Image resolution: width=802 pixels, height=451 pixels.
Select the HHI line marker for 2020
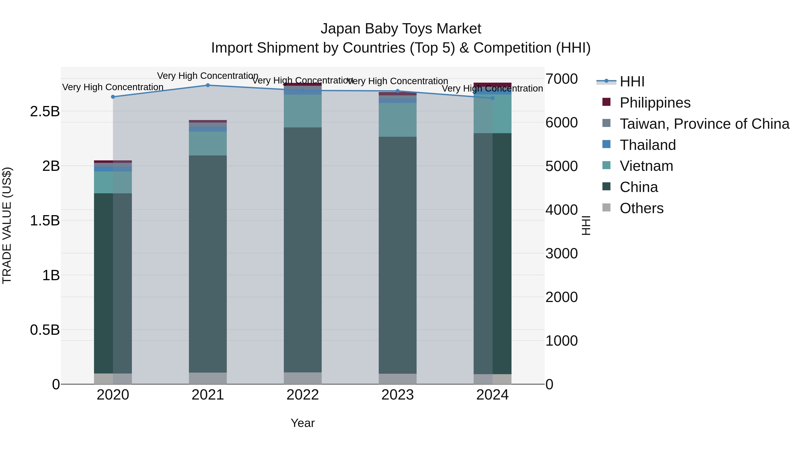[113, 97]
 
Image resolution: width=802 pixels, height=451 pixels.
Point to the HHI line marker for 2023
[398, 91]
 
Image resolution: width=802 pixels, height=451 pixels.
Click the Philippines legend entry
[655, 103]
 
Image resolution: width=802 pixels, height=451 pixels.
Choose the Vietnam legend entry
[646, 166]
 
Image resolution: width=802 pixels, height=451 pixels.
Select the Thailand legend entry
[648, 145]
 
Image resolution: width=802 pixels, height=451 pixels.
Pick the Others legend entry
[641, 208]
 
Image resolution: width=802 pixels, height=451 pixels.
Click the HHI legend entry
[632, 82]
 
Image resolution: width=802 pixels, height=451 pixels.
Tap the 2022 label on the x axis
[303, 395]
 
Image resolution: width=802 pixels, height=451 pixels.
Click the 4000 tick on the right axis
[561, 210]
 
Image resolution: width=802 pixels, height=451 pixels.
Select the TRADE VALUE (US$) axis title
[7, 225]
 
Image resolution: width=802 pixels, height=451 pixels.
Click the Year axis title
[303, 423]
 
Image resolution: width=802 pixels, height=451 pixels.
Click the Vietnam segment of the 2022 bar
[303, 111]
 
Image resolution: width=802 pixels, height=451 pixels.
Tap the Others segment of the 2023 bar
[398, 379]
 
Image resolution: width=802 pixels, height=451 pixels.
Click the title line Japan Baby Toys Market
[401, 29]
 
